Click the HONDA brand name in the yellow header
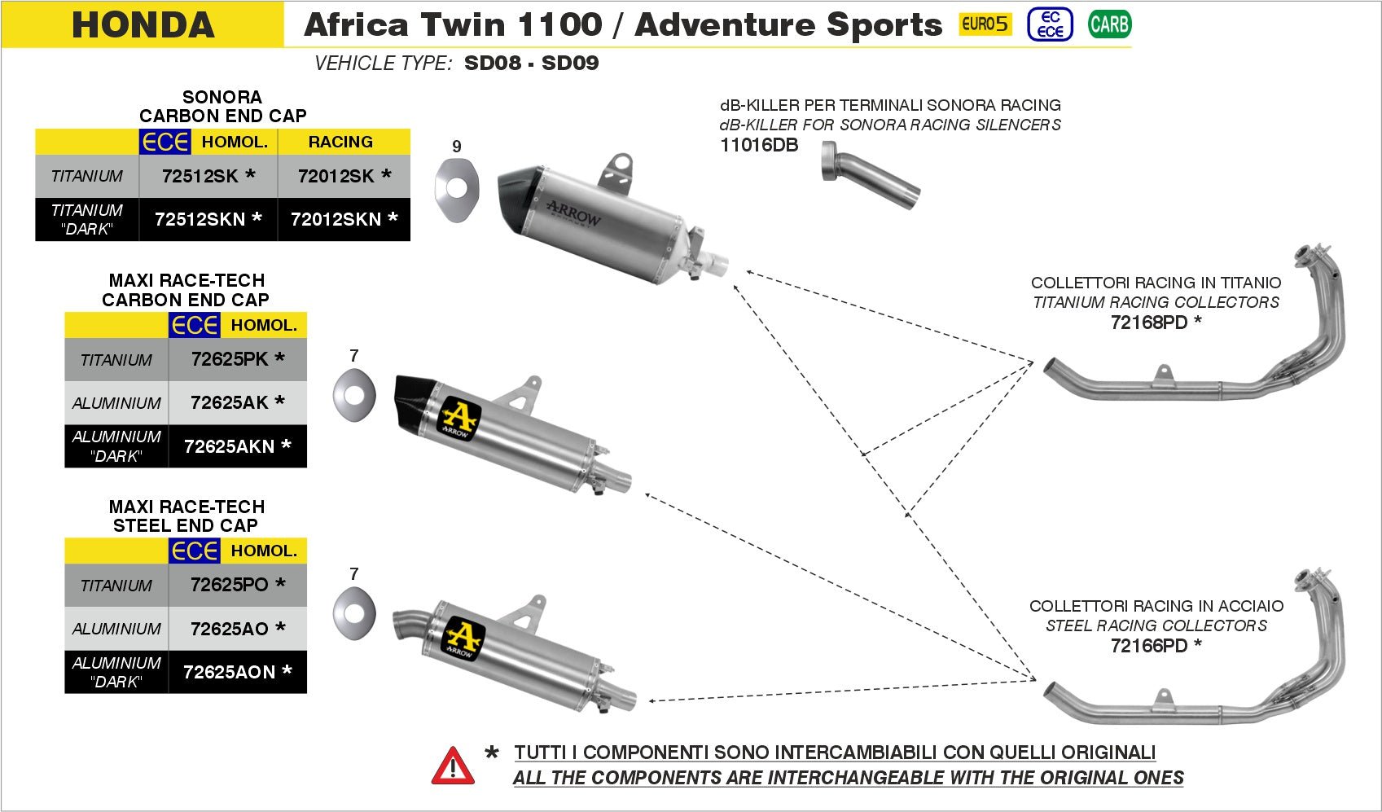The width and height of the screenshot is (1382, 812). click(x=143, y=24)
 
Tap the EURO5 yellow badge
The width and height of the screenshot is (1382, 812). click(x=985, y=24)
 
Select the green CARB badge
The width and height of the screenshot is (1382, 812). click(x=1109, y=24)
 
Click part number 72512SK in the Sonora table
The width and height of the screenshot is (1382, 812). click(x=200, y=176)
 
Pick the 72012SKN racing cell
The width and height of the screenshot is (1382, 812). click(x=336, y=219)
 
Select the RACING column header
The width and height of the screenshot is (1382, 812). click(x=340, y=142)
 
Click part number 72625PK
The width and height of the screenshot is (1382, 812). click(x=230, y=359)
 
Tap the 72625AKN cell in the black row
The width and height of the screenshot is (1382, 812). click(x=230, y=446)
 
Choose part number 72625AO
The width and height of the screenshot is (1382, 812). click(x=230, y=629)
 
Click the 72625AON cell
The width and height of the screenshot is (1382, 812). click(x=230, y=672)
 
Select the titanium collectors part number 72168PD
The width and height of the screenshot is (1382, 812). click(x=1149, y=323)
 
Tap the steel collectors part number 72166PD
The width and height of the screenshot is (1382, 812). click(x=1149, y=646)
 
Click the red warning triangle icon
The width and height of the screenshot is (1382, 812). click(x=453, y=766)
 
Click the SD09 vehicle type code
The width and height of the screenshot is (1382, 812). click(x=570, y=64)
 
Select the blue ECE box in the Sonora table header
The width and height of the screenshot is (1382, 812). click(x=165, y=142)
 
